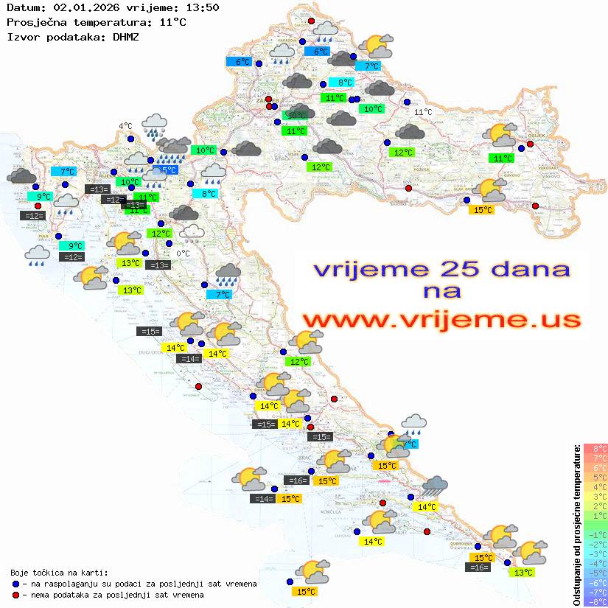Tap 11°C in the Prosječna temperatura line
[172, 22]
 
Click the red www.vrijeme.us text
[441, 320]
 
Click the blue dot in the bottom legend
[15, 584]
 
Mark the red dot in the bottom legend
[15, 595]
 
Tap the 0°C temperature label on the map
[184, 254]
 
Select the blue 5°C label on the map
[169, 170]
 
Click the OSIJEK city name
[535, 136]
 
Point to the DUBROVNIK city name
[481, 543]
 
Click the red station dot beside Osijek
[530, 144]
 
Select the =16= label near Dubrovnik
[478, 567]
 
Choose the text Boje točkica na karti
[59, 573]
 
